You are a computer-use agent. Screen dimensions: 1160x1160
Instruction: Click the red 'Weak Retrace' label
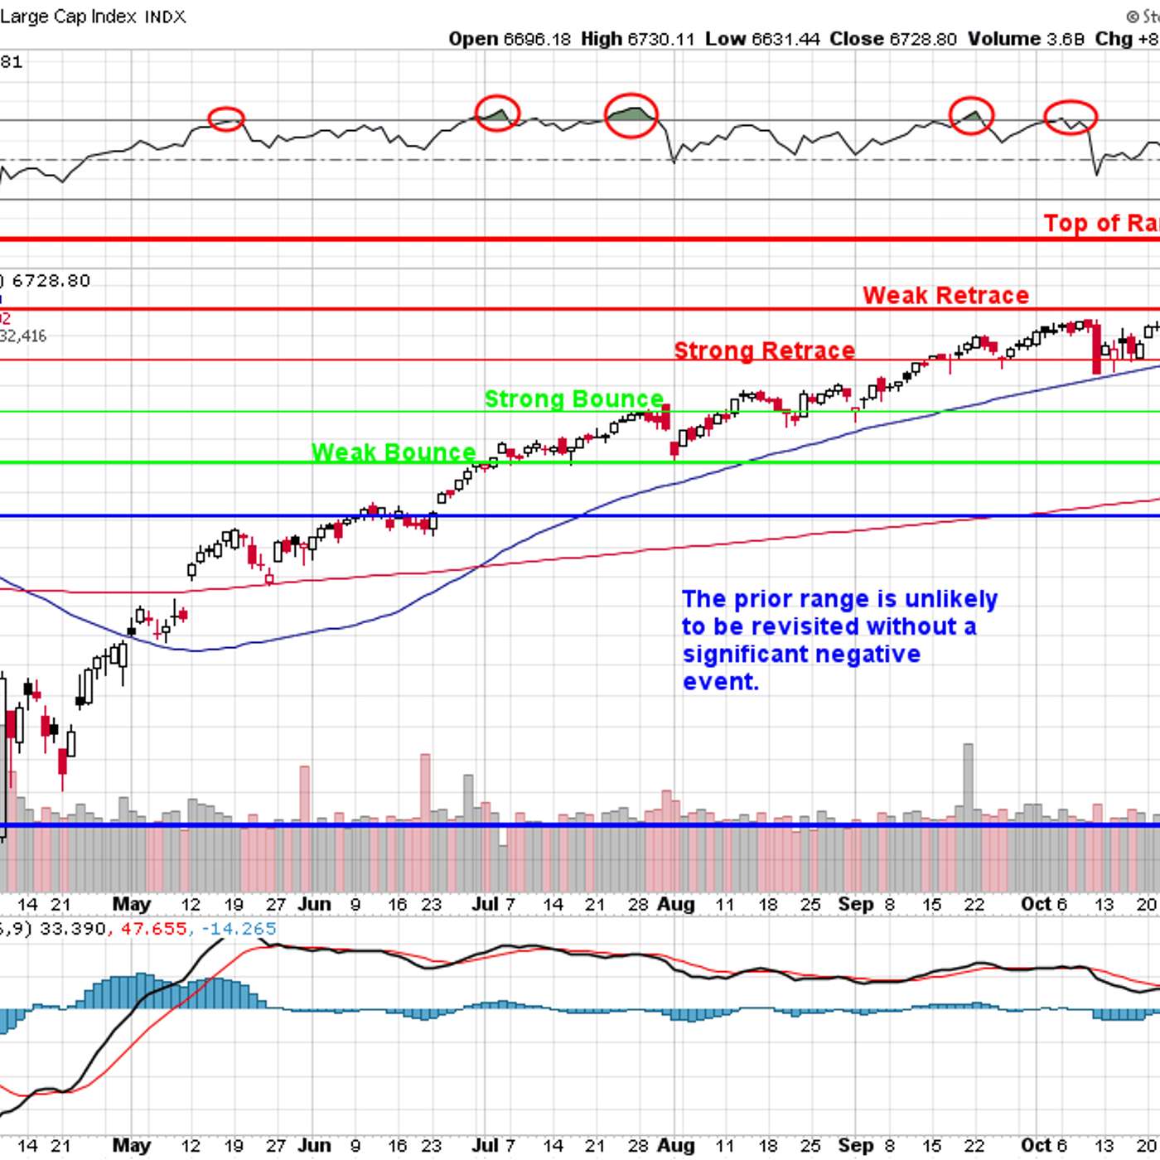pos(945,296)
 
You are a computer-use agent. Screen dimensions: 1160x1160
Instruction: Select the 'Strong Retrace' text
pos(764,350)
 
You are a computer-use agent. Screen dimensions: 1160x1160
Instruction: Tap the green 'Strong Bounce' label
pos(573,399)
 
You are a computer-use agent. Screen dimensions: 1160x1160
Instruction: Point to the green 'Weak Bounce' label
pos(394,452)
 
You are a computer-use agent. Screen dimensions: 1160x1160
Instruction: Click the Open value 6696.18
pos(537,39)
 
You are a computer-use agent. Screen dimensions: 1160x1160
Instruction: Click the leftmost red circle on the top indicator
pos(226,119)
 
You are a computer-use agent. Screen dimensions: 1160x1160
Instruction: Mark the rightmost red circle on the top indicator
pos(1070,117)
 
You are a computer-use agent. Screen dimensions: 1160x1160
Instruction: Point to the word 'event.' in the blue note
pos(720,682)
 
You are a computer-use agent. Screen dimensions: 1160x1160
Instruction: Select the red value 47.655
pos(154,928)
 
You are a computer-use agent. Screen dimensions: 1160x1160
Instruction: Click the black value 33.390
pos(73,928)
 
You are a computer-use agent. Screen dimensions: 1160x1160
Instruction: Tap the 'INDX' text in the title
pos(166,17)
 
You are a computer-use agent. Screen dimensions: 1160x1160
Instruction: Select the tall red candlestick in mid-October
pos(1097,348)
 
